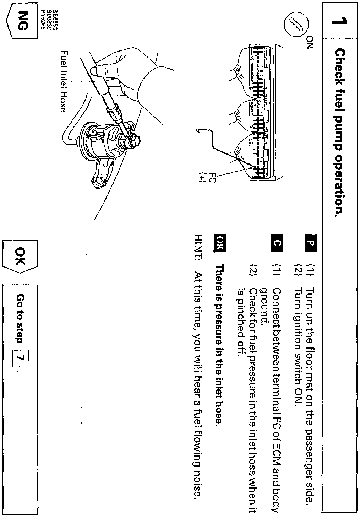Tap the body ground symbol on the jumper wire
click(x=198, y=130)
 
